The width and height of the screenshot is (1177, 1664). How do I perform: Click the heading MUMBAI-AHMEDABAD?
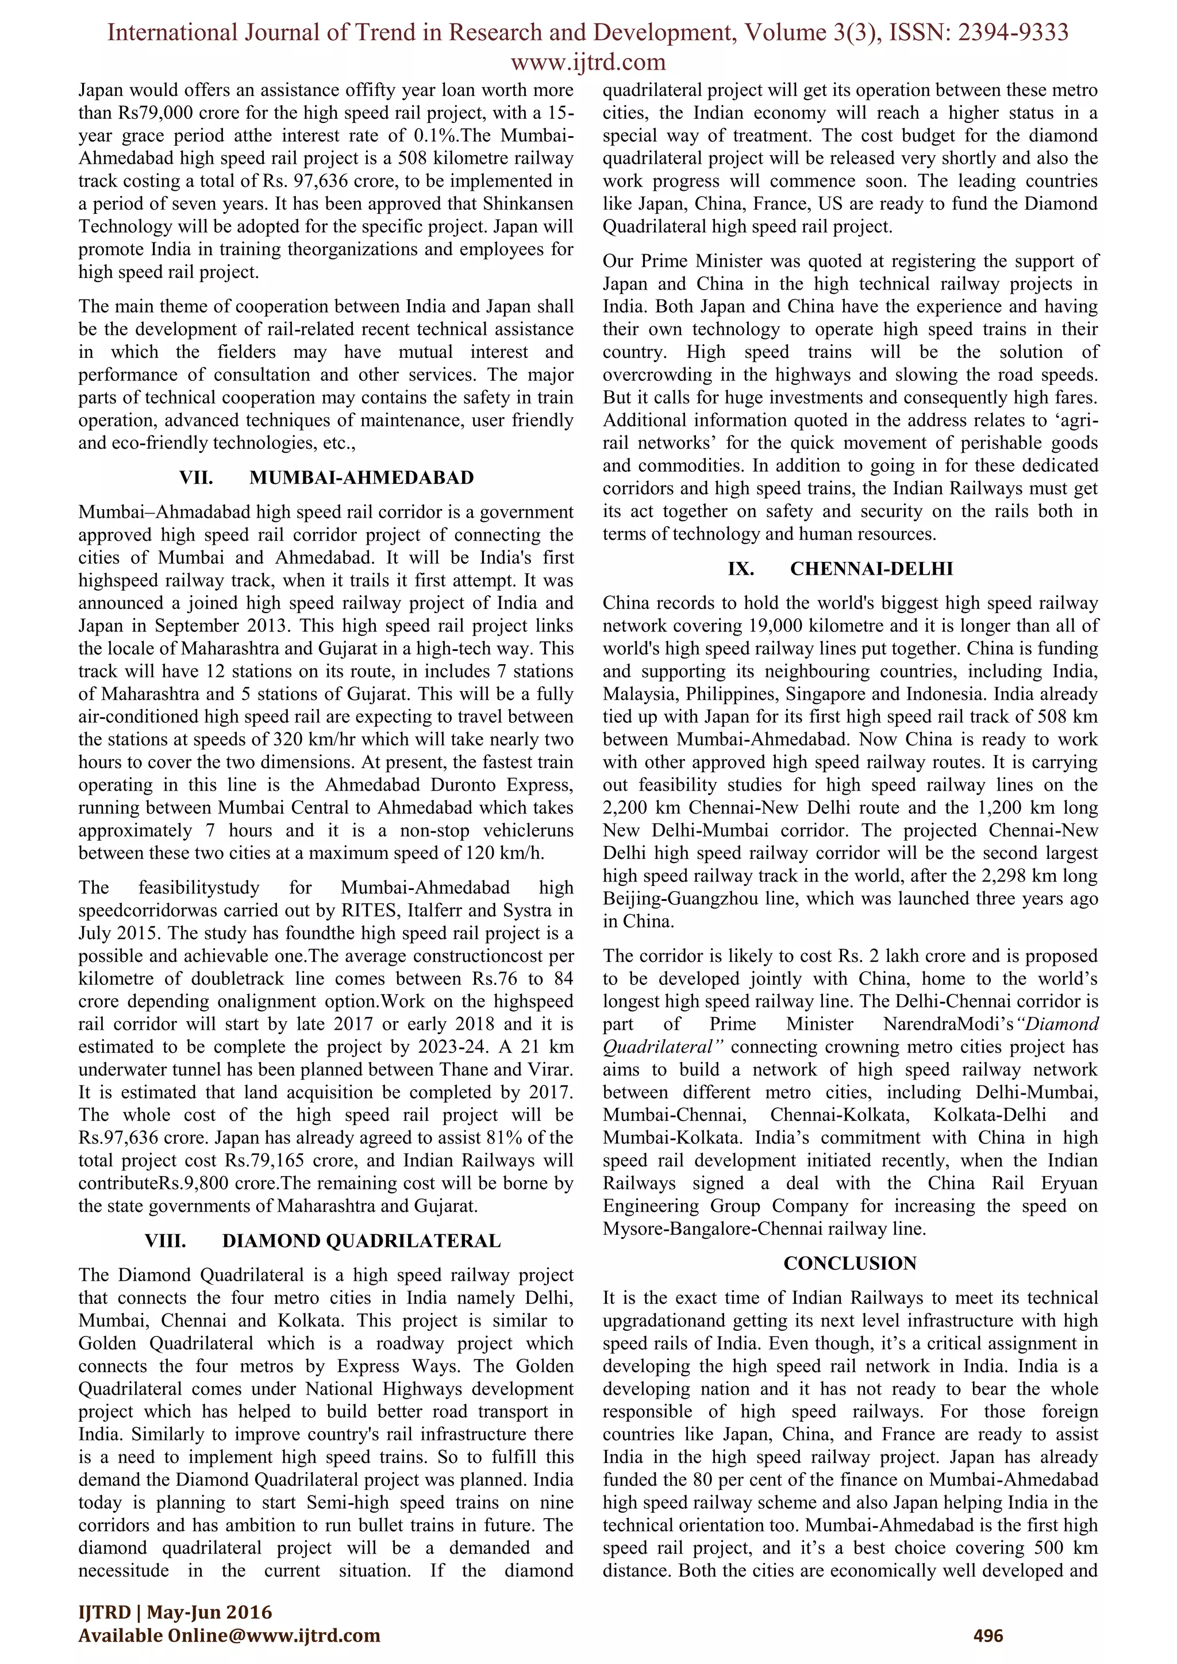(x=361, y=477)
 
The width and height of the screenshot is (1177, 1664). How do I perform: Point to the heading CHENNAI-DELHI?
(x=871, y=569)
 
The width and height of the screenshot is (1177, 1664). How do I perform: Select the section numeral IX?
(x=741, y=569)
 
